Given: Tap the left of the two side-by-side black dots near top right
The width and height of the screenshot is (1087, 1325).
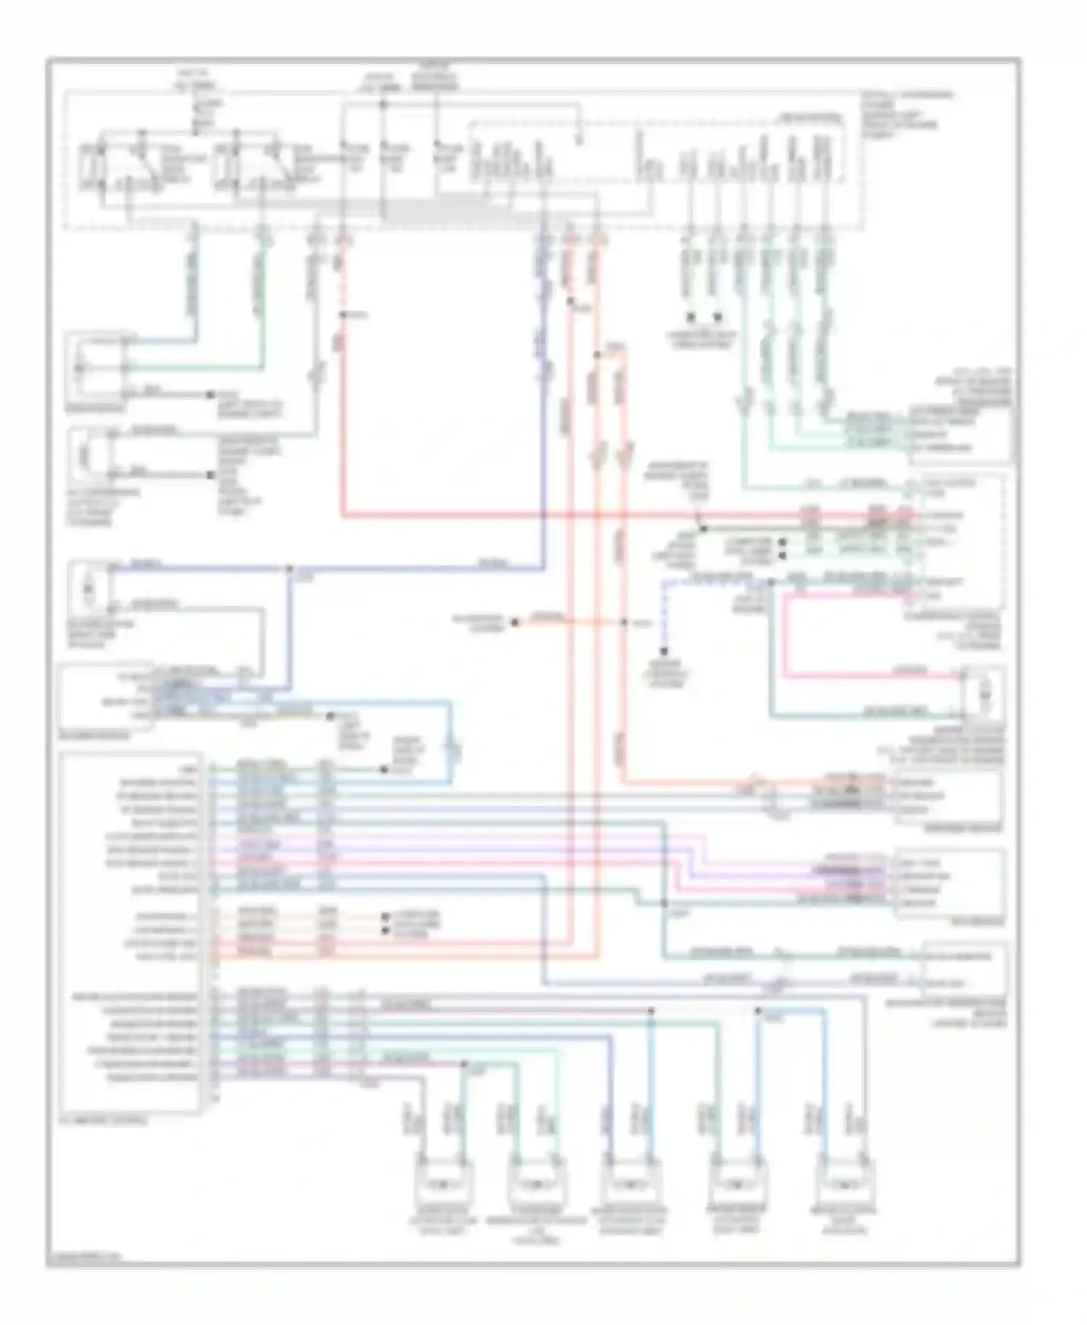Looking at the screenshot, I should pos(691,317).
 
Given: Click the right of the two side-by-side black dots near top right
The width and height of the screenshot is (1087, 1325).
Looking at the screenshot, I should pos(717,317).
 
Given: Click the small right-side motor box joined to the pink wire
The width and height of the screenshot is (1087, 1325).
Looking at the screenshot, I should pos(983,694).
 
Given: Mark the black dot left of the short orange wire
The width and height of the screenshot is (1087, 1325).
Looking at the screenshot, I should pos(514,622).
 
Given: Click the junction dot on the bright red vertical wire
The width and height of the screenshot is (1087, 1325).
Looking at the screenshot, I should pos(343,315).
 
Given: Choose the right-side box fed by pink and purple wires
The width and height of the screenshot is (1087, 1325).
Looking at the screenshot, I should pos(949,883).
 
